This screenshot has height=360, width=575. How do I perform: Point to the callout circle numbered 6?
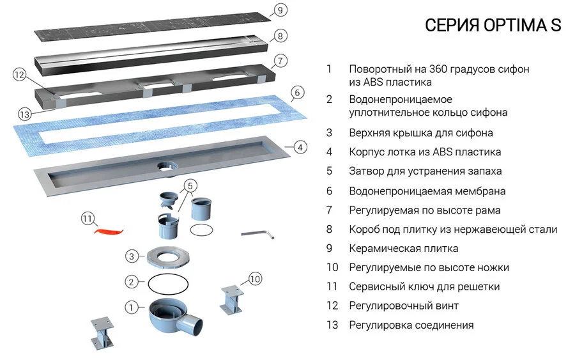(295, 93)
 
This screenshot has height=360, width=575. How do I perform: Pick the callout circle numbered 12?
(19, 75)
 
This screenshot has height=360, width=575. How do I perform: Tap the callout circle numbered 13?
(24, 115)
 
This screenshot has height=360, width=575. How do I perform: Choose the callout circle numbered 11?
(88, 219)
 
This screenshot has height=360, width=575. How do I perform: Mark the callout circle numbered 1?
(131, 308)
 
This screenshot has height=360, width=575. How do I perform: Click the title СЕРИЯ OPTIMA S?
(493, 26)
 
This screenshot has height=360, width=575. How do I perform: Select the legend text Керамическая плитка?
(403, 248)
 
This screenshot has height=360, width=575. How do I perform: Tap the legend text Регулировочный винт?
(403, 306)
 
